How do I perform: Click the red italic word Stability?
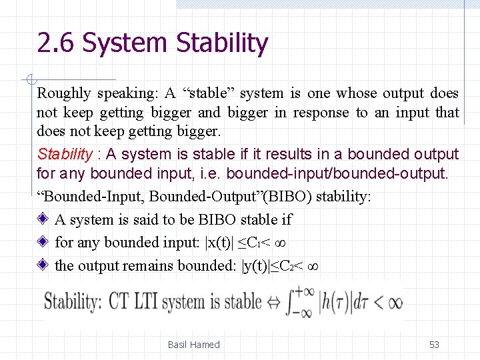(65, 155)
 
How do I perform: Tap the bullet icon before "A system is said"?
(43, 219)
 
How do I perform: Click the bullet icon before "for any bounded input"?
(43, 242)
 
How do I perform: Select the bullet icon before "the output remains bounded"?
(43, 265)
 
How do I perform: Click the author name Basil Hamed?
(193, 345)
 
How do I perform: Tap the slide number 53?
(434, 345)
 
